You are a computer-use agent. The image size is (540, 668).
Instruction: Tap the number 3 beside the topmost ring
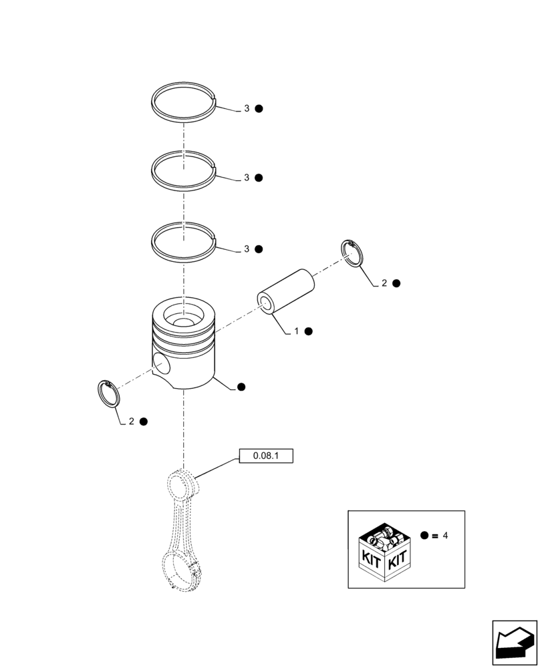click(x=247, y=108)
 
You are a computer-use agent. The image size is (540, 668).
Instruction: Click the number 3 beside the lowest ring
click(x=247, y=249)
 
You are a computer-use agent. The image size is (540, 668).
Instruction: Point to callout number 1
click(x=296, y=331)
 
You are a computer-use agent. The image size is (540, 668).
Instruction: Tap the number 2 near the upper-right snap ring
click(x=384, y=283)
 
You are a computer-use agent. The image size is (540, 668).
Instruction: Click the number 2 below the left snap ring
click(x=132, y=422)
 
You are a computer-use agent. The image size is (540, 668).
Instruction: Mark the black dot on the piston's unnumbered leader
click(x=241, y=387)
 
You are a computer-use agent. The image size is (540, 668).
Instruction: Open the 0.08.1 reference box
click(x=265, y=456)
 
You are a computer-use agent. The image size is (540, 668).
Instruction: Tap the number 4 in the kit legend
click(x=446, y=536)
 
